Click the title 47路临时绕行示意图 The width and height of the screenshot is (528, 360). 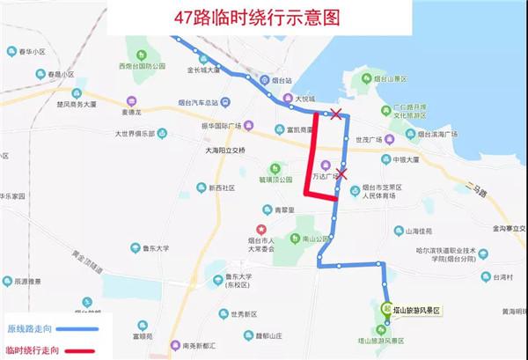pyautogui.click(x=262, y=17)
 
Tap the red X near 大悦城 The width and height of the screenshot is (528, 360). pyautogui.click(x=334, y=114)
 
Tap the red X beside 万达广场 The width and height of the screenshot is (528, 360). pyautogui.click(x=343, y=173)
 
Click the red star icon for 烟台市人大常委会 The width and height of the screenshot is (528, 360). pyautogui.click(x=248, y=230)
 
